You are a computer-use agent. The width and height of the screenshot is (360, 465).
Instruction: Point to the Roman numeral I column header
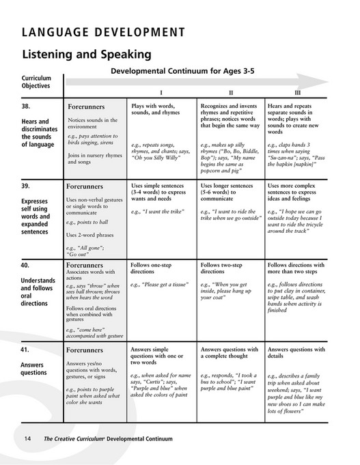(161, 92)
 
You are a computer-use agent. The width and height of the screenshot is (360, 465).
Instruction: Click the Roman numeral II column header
(231, 92)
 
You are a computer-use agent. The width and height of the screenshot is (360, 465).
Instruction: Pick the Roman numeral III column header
(297, 92)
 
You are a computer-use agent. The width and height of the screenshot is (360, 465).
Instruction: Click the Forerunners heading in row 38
(85, 108)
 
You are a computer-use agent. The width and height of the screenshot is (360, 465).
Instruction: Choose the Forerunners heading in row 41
(85, 350)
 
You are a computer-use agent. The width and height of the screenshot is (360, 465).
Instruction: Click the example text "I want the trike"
(156, 212)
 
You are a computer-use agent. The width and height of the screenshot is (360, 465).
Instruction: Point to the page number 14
(28, 438)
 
